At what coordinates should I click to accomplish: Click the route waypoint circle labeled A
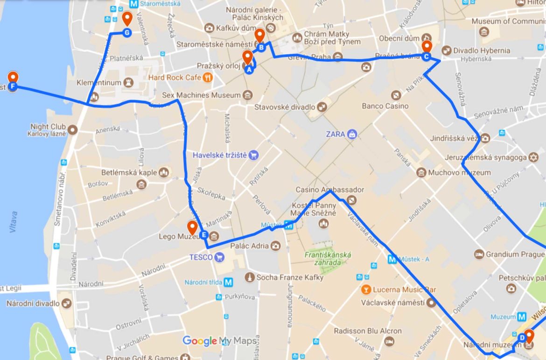249,70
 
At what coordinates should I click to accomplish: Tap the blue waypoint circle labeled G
127,32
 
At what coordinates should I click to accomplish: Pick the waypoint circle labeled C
426,56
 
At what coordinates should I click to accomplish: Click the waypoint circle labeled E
203,235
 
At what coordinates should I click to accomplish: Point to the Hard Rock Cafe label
175,77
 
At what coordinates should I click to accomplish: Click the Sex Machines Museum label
201,95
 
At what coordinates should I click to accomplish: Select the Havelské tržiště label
219,155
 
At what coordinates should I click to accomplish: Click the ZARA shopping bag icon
352,134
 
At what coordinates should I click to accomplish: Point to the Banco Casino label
385,106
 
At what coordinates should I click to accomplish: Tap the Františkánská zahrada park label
328,259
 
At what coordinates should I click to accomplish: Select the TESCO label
201,257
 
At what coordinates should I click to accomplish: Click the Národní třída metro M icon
228,282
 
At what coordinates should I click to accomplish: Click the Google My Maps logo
219,341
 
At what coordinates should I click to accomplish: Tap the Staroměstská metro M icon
134,4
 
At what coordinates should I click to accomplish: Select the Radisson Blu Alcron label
367,331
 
